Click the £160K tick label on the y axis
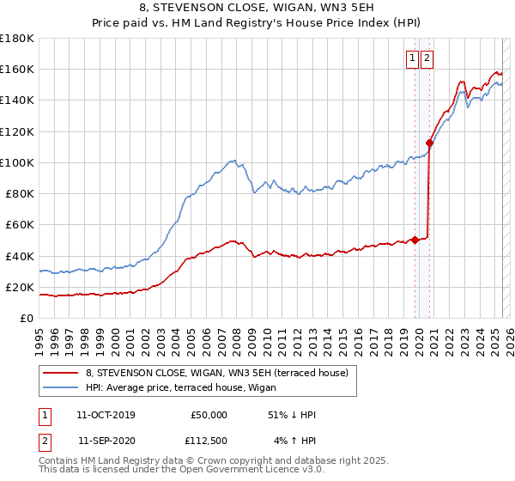[17, 69]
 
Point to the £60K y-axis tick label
[20, 224]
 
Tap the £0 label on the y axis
[26, 318]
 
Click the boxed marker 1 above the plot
[413, 58]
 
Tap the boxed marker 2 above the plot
[427, 58]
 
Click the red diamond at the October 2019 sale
[415, 240]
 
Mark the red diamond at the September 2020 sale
[428, 143]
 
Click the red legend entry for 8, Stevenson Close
[216, 373]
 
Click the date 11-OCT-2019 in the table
[106, 415]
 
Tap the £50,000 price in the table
[209, 415]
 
